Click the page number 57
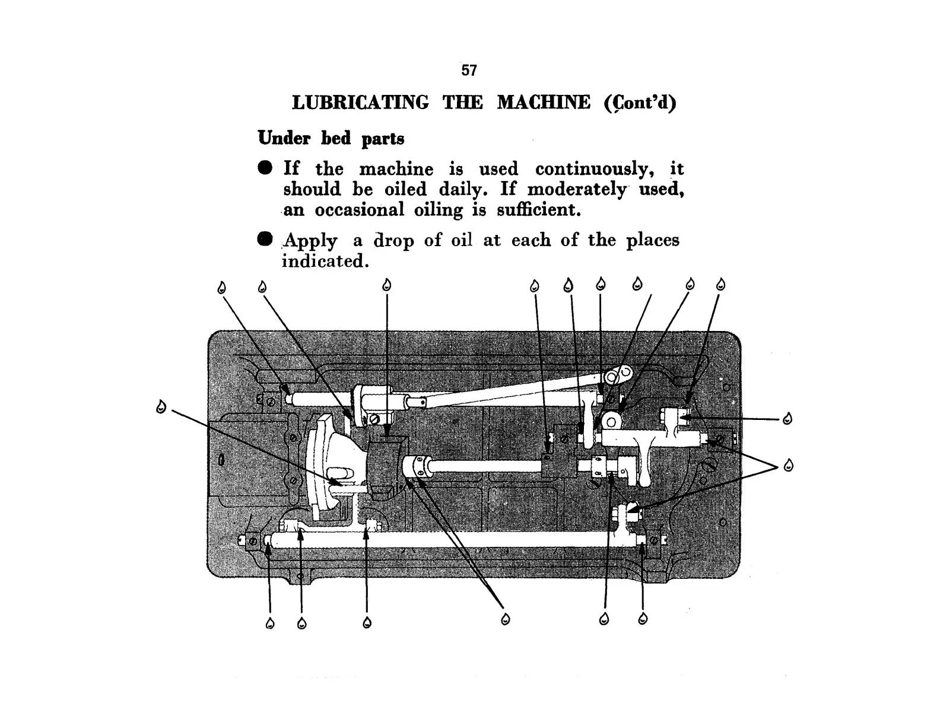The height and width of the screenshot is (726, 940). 469,71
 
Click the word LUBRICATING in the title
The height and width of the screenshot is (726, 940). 360,103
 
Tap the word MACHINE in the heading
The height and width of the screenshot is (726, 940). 544,103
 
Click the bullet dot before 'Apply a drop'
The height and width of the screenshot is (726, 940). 265,239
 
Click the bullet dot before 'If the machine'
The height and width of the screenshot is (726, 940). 265,168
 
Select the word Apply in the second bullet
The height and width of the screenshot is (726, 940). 310,241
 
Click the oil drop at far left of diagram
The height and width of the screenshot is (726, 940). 160,407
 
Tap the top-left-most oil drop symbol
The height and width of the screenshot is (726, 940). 222,288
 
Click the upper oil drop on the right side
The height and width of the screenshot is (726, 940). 787,419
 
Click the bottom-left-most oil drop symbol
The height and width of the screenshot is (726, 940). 271,623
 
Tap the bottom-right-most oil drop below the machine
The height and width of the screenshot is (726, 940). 643,620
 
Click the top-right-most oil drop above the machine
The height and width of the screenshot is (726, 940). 721,285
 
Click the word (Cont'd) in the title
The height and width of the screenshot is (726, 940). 640,103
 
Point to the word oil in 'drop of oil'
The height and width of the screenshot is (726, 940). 462,240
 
